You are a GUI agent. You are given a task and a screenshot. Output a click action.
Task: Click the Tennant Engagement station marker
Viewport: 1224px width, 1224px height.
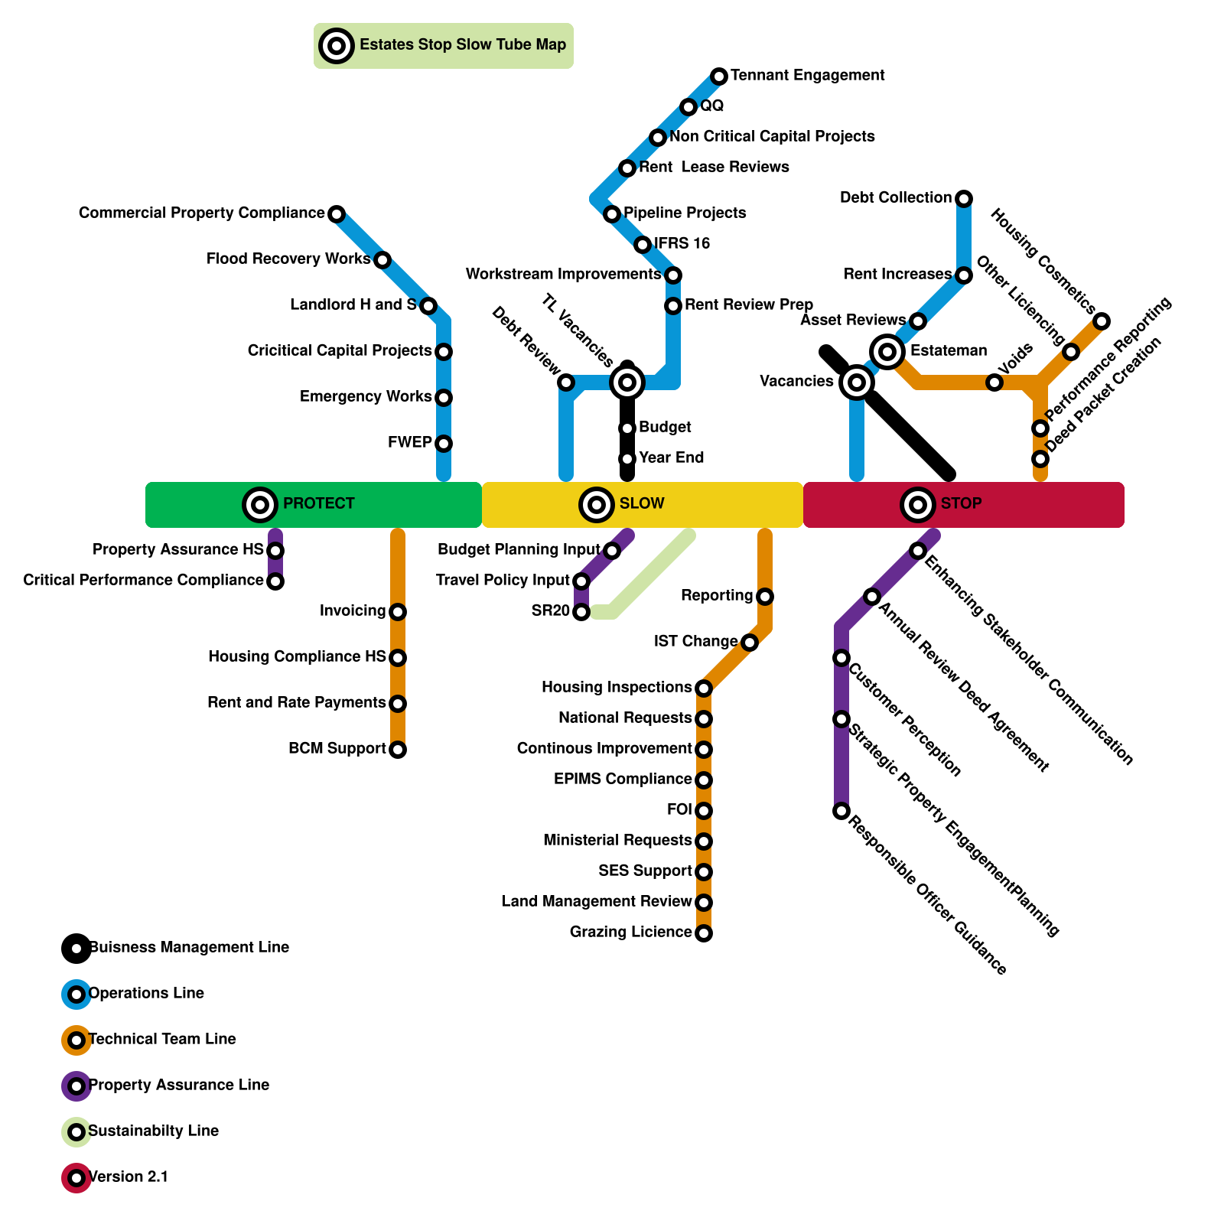coord(718,76)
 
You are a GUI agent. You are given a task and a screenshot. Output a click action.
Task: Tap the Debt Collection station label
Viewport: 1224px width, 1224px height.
coord(895,198)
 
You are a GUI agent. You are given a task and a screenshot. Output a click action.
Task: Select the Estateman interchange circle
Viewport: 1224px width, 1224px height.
coord(887,352)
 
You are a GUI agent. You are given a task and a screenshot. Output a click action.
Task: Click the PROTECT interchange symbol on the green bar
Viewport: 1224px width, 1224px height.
coord(260,505)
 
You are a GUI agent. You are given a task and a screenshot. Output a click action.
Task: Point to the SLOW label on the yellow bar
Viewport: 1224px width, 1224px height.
coord(642,503)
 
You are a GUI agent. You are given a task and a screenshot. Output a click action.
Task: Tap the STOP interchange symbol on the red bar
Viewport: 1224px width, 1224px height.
coord(918,505)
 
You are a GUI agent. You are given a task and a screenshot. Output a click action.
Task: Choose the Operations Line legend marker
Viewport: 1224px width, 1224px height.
coord(76,994)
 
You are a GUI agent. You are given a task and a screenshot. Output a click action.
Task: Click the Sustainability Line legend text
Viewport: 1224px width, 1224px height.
coord(153,1131)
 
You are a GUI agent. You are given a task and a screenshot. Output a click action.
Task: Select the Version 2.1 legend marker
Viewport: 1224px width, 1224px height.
coord(76,1178)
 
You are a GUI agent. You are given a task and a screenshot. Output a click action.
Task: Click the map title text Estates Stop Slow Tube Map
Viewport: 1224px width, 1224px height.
coord(463,45)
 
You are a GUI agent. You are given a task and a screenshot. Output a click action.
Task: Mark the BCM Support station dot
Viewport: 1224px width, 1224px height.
coord(398,750)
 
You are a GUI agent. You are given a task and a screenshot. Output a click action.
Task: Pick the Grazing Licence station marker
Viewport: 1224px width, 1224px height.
coord(704,933)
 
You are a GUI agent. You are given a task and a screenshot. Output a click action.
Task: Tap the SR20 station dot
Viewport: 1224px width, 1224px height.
coord(581,612)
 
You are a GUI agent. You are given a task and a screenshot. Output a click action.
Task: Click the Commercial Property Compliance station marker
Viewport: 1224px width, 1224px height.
coord(337,214)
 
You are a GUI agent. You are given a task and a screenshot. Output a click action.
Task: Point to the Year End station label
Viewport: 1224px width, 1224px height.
coord(671,457)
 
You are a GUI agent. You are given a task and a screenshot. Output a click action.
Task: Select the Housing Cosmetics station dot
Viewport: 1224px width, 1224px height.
coord(1101,321)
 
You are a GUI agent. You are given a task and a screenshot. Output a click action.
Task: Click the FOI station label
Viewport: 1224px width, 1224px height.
coord(679,809)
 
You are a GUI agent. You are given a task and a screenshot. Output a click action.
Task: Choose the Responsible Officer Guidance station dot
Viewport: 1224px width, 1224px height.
coord(841,811)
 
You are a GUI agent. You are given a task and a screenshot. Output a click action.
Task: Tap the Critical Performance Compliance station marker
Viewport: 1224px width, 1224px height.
coord(275,581)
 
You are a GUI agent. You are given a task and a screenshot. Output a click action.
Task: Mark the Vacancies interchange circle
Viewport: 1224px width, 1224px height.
coord(857,382)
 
